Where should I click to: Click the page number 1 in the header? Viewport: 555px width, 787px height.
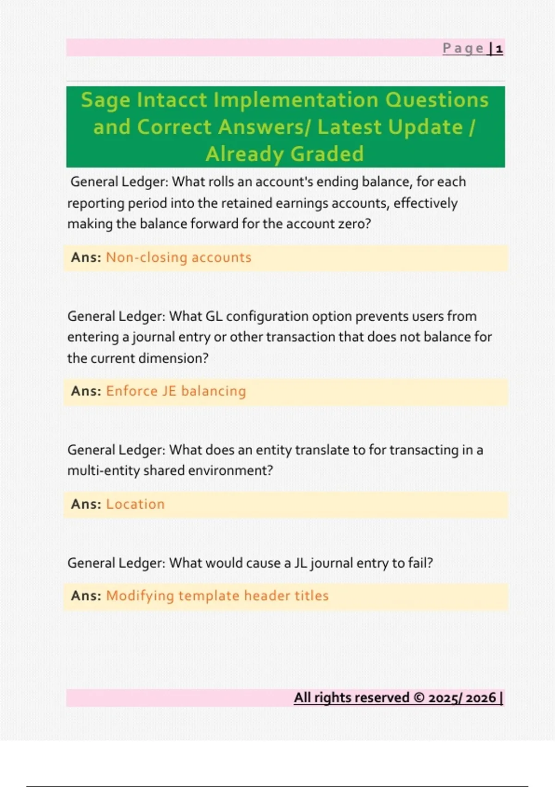[499, 49]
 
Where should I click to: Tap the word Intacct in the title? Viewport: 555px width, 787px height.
[172, 100]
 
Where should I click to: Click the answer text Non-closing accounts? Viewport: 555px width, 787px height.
[179, 257]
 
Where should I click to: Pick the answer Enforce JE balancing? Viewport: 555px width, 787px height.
[176, 391]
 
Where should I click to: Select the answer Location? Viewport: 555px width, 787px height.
[135, 504]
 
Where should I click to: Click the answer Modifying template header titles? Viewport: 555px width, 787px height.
[217, 596]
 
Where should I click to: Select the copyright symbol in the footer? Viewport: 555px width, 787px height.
[419, 697]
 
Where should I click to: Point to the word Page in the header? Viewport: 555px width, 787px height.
[463, 49]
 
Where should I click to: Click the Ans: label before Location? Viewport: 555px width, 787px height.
[86, 504]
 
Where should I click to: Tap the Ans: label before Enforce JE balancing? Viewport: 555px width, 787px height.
[86, 391]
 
